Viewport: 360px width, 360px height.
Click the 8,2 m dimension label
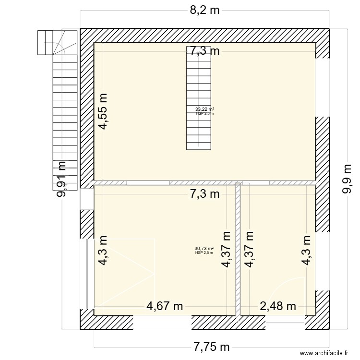(x=204, y=11)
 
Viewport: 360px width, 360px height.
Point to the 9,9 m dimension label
(x=346, y=179)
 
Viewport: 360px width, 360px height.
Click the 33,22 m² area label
(x=204, y=109)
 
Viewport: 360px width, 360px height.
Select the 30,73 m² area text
(x=204, y=249)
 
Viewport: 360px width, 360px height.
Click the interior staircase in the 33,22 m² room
(x=198, y=106)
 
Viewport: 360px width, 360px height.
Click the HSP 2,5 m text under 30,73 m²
(x=204, y=253)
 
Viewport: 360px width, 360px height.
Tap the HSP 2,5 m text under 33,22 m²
(x=204, y=114)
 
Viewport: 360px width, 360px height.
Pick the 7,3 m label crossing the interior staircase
(x=204, y=51)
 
